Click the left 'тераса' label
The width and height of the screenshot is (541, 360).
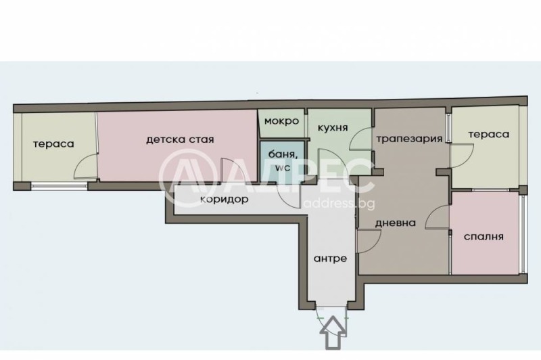click(x=53, y=143)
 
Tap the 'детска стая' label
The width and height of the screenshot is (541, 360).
click(x=180, y=140)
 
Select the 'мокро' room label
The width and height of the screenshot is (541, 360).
click(x=281, y=122)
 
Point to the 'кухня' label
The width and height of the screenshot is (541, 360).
click(x=333, y=127)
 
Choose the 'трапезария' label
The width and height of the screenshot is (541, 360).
click(x=409, y=139)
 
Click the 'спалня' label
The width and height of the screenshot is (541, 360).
click(x=484, y=237)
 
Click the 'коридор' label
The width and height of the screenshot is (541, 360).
click(x=225, y=200)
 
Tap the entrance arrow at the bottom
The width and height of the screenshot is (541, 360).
click(x=331, y=333)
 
